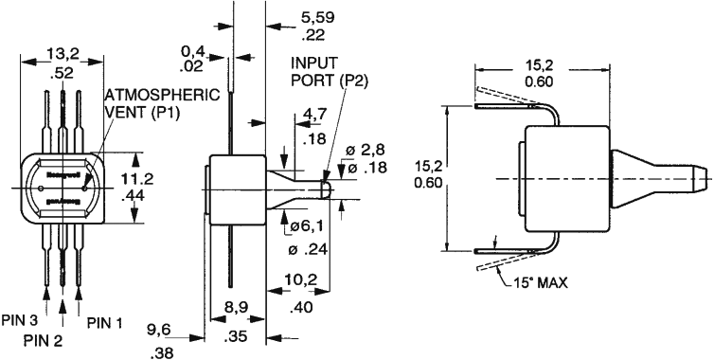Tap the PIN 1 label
click(105, 322)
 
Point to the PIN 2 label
click(44, 339)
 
